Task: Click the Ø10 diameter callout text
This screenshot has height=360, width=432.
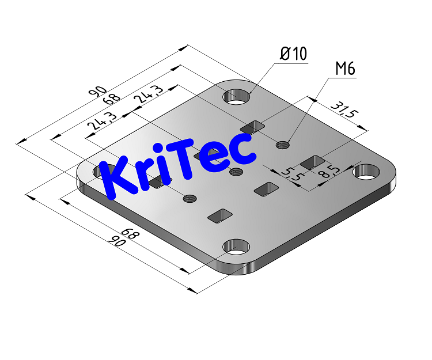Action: tap(293, 55)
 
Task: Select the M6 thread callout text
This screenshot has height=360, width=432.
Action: tap(345, 69)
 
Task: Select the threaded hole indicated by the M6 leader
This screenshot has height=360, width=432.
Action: tap(282, 144)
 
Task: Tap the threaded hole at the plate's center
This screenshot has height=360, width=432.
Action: tap(234, 172)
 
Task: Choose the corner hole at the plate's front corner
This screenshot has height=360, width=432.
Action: tap(236, 248)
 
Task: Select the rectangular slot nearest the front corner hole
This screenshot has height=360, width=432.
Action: tap(219, 215)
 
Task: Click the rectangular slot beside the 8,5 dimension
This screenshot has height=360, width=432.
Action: tap(312, 162)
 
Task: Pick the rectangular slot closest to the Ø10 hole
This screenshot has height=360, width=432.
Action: tap(252, 126)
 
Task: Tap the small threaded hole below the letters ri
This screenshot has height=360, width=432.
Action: tap(189, 199)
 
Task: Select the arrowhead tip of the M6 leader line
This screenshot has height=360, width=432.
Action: tap(287, 142)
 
